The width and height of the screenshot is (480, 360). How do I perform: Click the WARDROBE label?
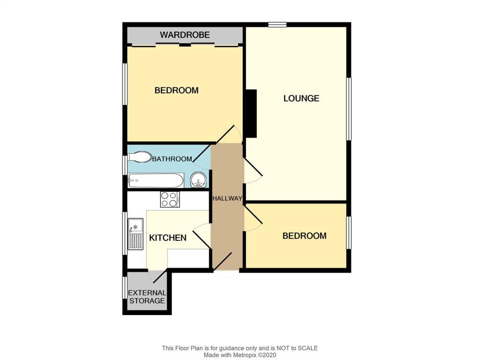[185, 35]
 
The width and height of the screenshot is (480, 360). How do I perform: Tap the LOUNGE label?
[301, 98]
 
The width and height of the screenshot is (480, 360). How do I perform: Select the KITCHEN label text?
[167, 238]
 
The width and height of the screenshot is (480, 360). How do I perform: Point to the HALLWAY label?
[227, 198]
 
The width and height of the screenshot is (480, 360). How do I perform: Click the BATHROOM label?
[172, 159]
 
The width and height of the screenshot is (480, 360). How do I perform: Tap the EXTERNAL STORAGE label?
[147, 297]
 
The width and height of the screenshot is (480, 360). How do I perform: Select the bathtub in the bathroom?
[156, 180]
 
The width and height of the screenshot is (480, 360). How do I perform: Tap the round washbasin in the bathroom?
[198, 180]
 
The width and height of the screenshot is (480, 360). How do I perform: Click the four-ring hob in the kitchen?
[170, 199]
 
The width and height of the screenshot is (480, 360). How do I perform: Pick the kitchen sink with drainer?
[135, 234]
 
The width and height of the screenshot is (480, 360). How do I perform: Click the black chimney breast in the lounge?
[251, 113]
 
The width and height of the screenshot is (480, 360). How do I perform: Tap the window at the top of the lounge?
[277, 24]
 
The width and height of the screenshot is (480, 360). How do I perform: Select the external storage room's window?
[125, 287]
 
